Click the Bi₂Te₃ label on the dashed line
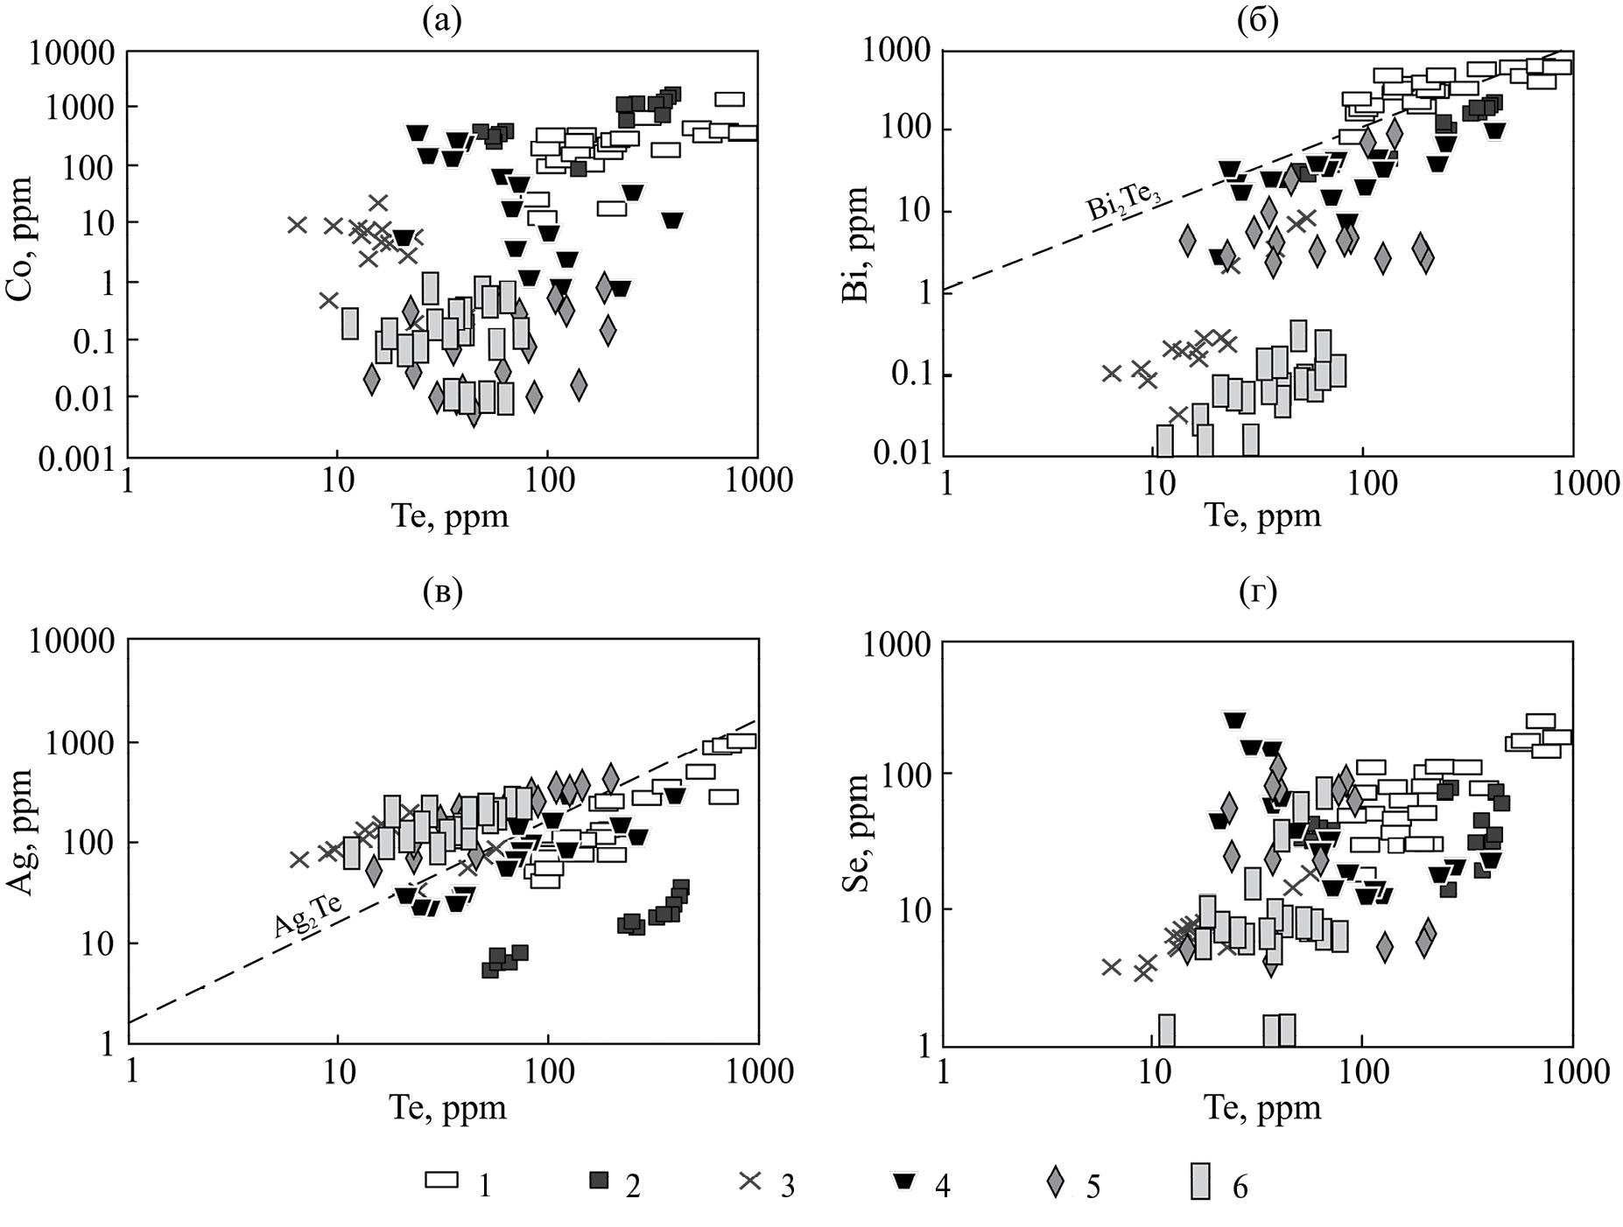[1124, 207]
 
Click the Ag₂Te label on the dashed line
[307, 915]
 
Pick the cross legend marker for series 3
[750, 1181]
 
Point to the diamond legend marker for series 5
[1057, 1182]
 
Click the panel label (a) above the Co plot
[441, 19]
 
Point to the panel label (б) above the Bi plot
[1258, 19]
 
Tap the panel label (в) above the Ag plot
[441, 592]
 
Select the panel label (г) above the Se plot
[1258, 592]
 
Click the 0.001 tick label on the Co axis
[77, 459]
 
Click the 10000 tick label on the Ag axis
[72, 642]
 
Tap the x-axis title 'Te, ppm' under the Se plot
[1262, 1108]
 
